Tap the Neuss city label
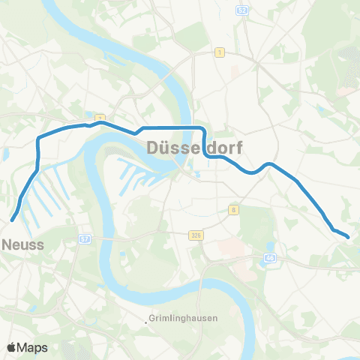point(23,244)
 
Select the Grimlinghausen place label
point(182,318)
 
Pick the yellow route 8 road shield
point(234,210)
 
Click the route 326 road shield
point(195,235)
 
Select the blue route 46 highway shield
point(269,258)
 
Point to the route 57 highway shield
point(84,239)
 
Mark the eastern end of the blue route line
point(348,237)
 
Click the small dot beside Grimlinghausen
point(147,319)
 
